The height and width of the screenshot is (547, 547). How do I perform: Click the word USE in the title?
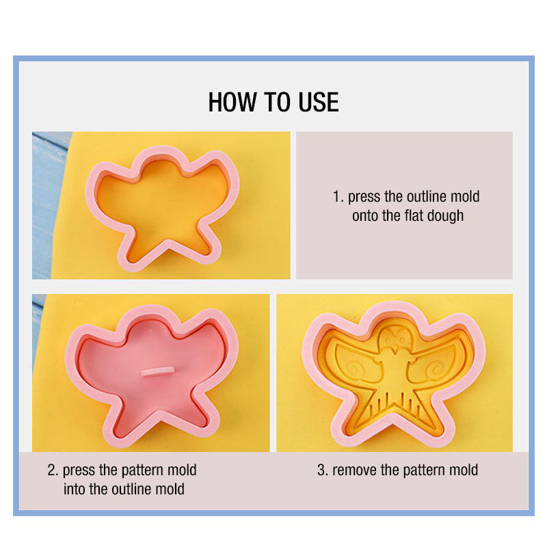(319, 103)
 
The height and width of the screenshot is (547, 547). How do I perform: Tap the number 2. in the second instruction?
(53, 470)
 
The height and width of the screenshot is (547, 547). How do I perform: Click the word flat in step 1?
(412, 216)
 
